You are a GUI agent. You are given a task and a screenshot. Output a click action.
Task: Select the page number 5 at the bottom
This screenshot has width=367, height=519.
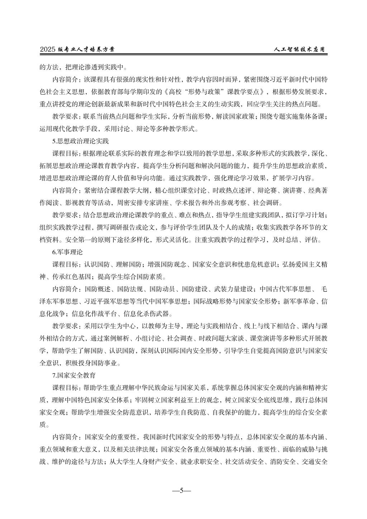coord(181,491)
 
